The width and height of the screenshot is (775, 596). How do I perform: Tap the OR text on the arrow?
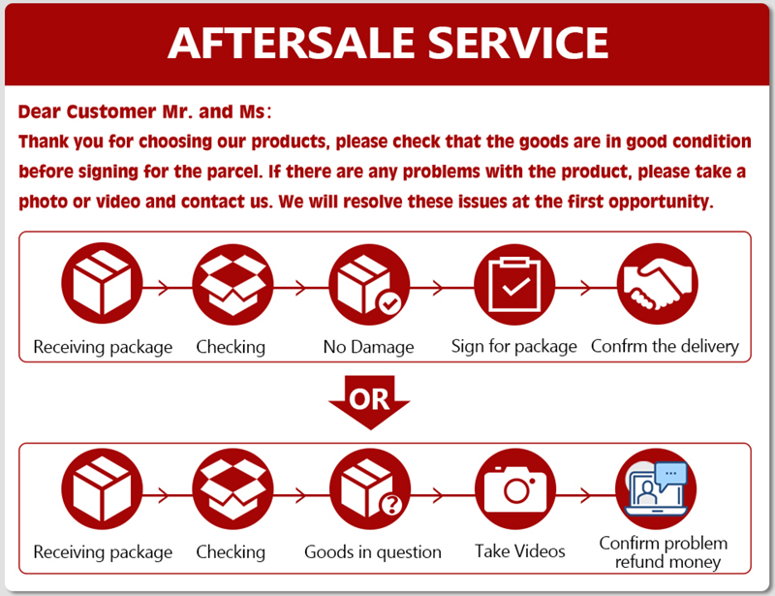click(369, 398)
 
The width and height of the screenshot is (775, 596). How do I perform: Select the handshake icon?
click(658, 283)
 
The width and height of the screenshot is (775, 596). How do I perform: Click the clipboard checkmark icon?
click(513, 283)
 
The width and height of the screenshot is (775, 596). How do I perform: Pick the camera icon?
click(514, 490)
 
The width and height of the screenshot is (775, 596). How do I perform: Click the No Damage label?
click(368, 346)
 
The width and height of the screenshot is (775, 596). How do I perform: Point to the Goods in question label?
click(373, 552)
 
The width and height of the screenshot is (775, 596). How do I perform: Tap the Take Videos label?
click(520, 551)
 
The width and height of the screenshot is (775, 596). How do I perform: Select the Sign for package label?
click(514, 346)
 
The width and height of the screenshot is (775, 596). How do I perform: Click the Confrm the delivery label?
click(665, 346)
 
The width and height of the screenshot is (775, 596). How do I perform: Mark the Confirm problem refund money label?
click(663, 552)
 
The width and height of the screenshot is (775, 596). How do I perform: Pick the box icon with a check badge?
click(369, 283)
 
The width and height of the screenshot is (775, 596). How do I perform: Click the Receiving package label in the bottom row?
click(103, 552)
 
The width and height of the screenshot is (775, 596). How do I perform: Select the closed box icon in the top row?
click(102, 283)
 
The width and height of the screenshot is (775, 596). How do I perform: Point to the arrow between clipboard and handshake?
click(585, 287)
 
